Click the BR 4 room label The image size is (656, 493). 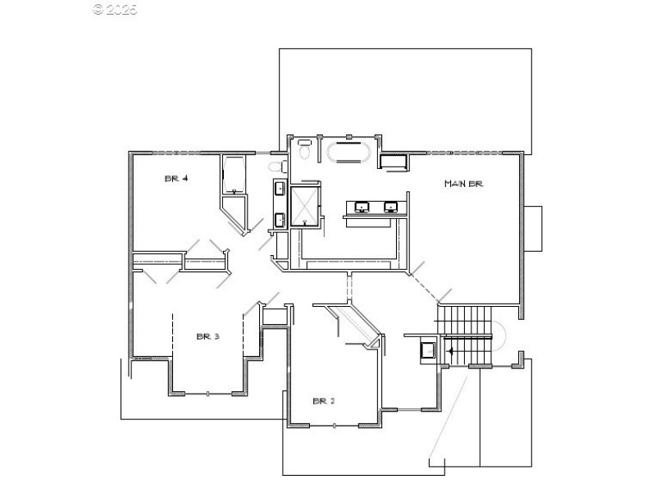pyautogui.click(x=177, y=178)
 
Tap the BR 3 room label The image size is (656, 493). pyautogui.click(x=207, y=336)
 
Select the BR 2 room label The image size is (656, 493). pyautogui.click(x=324, y=401)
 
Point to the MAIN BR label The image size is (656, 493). pyautogui.click(x=463, y=184)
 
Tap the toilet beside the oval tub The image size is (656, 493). pyautogui.click(x=303, y=152)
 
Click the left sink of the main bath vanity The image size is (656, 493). pyautogui.click(x=363, y=206)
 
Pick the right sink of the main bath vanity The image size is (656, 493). pyautogui.click(x=391, y=206)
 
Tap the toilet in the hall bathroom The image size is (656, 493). pyautogui.click(x=276, y=167)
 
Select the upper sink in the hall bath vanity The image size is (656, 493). pyautogui.click(x=279, y=189)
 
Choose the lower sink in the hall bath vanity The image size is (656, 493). pyautogui.click(x=279, y=219)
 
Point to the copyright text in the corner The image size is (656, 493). pyautogui.click(x=115, y=10)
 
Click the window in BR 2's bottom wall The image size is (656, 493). pyautogui.click(x=335, y=425)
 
